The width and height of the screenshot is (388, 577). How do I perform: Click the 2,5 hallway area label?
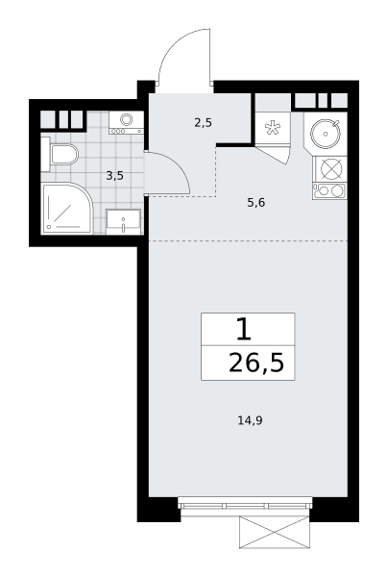coord(204,123)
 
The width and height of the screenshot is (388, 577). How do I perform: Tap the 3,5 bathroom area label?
coord(114,176)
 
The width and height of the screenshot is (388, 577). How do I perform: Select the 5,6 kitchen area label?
coord(256,202)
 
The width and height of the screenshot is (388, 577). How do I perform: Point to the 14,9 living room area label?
coord(251,420)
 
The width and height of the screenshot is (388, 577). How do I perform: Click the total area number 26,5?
coord(256,363)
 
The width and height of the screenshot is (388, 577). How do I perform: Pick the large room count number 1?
coord(244,329)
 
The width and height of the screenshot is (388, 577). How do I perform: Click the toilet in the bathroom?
coord(60,154)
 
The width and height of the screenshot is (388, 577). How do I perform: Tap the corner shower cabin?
coord(66,208)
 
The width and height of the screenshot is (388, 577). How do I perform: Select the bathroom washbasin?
coord(124,221)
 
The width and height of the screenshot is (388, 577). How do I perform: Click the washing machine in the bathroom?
coord(126,122)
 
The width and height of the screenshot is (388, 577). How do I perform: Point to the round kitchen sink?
coord(326,134)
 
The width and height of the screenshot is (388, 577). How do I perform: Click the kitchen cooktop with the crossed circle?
coord(330,168)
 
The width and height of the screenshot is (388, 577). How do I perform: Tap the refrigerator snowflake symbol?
coord(273,128)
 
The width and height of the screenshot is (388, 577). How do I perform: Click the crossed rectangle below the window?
coord(275,532)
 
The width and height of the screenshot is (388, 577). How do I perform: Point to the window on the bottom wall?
coord(245,503)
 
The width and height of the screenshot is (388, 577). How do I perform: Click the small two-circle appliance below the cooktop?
coord(329,190)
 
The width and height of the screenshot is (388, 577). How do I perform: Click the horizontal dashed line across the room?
coord(248,240)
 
